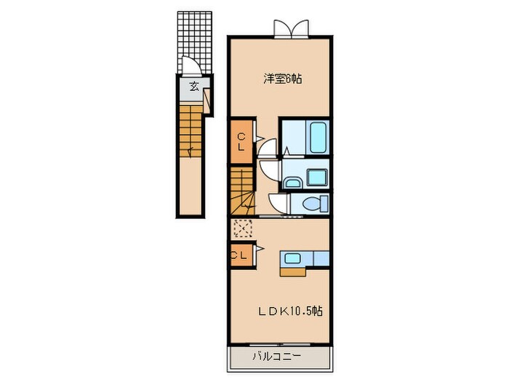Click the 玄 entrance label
[x=194, y=86]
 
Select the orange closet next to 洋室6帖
[x=241, y=140]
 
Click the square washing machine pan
[x=316, y=178]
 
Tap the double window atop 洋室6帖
[x=291, y=29]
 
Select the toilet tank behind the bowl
[x=324, y=202]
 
